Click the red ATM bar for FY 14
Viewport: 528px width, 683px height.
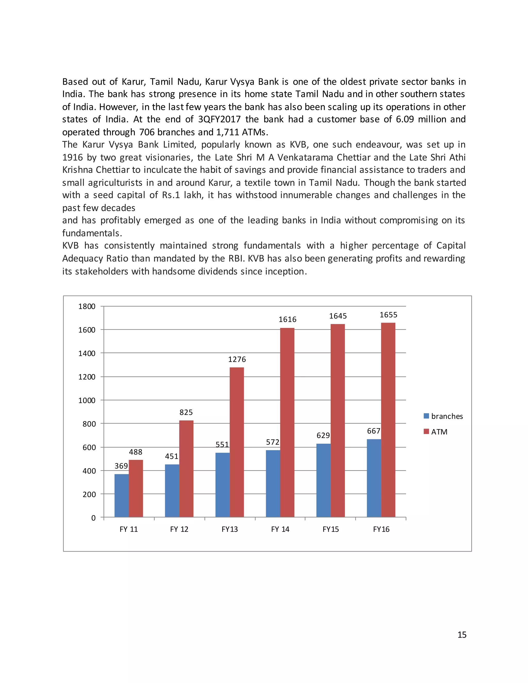point(287,422)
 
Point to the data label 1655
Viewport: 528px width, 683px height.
point(388,315)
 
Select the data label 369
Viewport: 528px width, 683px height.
point(121,466)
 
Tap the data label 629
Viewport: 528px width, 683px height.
point(323,435)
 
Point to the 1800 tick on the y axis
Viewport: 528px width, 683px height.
point(87,306)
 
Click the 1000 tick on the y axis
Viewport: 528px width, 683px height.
point(87,400)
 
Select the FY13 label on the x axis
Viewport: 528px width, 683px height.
point(230,529)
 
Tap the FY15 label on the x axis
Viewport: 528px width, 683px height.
point(331,529)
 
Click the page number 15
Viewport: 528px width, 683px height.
point(462,635)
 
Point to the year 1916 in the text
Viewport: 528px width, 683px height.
point(72,157)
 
